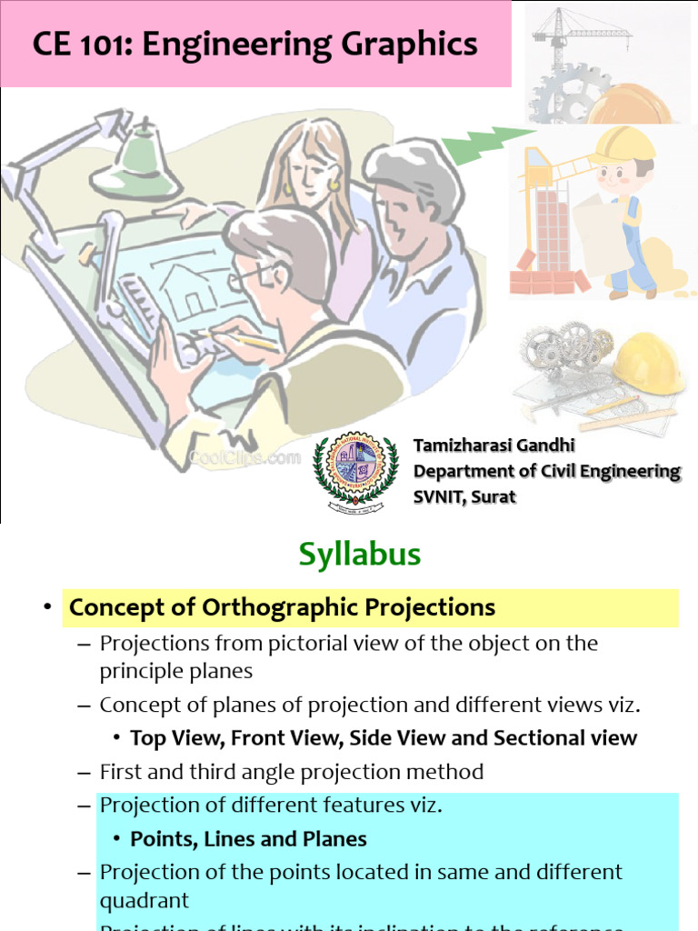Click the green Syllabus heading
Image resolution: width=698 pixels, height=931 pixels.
[361, 555]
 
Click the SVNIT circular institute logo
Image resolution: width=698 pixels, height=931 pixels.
[355, 468]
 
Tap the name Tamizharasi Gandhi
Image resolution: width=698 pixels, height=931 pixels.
[494, 445]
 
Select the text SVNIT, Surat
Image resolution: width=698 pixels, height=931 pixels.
[464, 497]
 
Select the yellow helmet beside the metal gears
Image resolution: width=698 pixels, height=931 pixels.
[648, 362]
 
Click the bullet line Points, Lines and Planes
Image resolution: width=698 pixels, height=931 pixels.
[248, 838]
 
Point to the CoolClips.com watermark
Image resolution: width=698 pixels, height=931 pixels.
[245, 457]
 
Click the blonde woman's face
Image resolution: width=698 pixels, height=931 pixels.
[309, 173]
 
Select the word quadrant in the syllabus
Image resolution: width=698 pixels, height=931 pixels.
[145, 900]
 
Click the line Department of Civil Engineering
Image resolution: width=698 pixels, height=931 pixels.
[546, 471]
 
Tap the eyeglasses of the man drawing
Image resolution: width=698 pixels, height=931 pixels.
[249, 275]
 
